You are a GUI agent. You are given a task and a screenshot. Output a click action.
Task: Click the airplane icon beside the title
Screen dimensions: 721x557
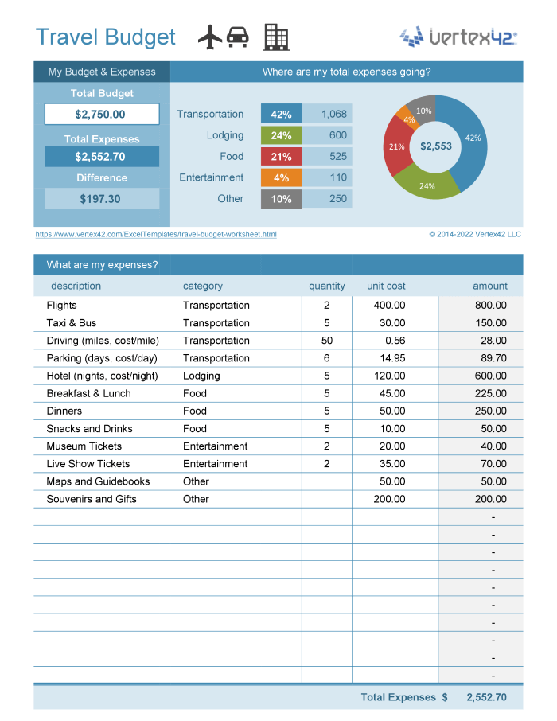(209, 37)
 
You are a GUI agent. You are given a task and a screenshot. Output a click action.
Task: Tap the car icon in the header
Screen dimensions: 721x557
(237, 37)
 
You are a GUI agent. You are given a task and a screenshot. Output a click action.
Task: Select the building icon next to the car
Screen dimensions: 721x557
(276, 37)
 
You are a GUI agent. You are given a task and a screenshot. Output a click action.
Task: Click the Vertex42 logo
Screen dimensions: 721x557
(458, 37)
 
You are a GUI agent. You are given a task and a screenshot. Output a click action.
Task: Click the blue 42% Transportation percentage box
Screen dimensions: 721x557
(281, 115)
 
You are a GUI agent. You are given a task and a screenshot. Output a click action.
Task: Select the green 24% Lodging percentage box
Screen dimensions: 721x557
(281, 135)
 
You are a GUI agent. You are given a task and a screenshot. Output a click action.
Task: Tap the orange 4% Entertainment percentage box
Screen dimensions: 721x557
(281, 177)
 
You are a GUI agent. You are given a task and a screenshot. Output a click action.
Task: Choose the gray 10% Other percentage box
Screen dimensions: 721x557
(281, 199)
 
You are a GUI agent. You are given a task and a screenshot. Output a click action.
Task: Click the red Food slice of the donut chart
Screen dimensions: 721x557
(395, 151)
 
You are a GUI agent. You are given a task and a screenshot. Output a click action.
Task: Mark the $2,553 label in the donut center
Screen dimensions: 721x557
(436, 146)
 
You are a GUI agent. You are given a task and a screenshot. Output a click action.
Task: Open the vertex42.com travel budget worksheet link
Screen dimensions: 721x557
(156, 235)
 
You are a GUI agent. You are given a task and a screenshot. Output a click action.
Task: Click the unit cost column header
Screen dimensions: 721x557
(386, 286)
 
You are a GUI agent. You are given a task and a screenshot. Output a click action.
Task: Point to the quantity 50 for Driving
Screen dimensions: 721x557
(327, 341)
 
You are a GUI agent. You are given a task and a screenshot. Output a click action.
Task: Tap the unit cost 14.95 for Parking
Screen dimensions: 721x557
(391, 358)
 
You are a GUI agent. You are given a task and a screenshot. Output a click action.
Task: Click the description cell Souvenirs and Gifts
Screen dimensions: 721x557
(92, 499)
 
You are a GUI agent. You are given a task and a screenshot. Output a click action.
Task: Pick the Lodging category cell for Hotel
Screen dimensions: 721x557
(202, 376)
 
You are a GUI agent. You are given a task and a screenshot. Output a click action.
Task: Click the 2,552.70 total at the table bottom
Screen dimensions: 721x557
(486, 697)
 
